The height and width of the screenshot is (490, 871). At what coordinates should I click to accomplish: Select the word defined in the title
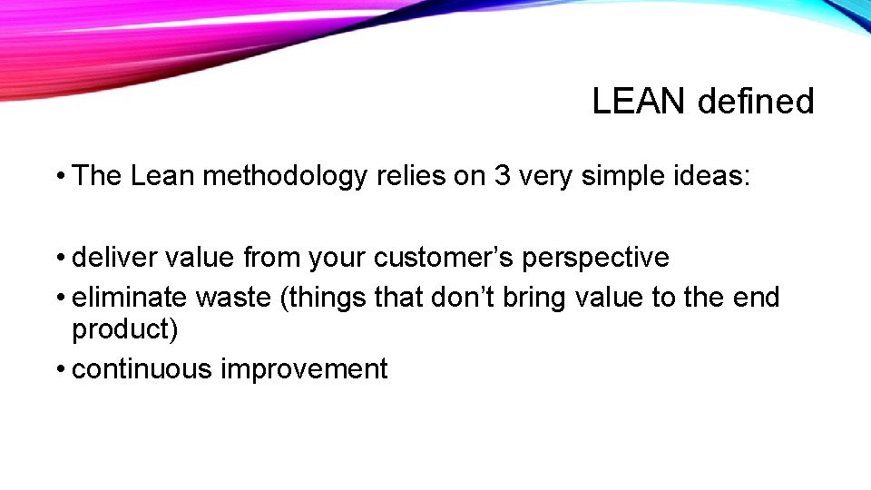click(x=756, y=102)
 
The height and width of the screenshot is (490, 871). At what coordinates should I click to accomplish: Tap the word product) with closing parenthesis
click(x=125, y=329)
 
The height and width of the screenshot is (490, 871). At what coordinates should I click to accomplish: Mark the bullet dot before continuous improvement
click(x=59, y=370)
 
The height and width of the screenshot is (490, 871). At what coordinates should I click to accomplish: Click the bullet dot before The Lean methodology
click(x=59, y=175)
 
